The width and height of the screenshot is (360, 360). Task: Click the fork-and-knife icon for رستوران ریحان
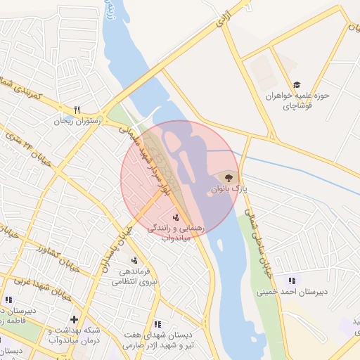point(77,110)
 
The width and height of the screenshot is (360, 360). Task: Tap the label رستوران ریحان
point(78,121)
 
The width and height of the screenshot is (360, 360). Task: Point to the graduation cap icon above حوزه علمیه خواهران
point(295,84)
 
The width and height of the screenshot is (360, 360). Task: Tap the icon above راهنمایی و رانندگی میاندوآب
point(176,217)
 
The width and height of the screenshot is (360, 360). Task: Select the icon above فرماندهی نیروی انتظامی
point(134,261)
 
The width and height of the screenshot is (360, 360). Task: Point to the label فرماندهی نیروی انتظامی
point(133,276)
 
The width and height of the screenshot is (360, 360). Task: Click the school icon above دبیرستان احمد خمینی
point(292,281)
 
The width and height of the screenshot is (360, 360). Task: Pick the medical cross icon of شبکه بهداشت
point(74,319)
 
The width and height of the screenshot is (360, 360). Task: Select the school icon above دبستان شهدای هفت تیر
point(157,324)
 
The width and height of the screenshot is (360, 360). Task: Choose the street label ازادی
point(224,21)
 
